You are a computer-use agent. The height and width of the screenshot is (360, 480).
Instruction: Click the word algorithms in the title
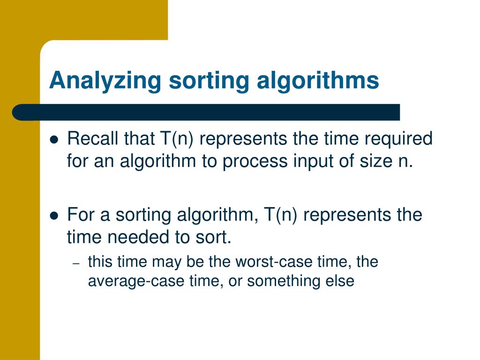318,81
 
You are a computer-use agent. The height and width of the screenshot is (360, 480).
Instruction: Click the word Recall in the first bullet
93,139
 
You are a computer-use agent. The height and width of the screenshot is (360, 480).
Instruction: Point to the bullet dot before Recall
54,140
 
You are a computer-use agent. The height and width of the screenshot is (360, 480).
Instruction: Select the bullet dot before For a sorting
54,216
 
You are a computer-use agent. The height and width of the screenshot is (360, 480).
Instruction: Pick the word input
311,161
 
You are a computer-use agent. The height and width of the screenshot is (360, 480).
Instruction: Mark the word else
342,281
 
